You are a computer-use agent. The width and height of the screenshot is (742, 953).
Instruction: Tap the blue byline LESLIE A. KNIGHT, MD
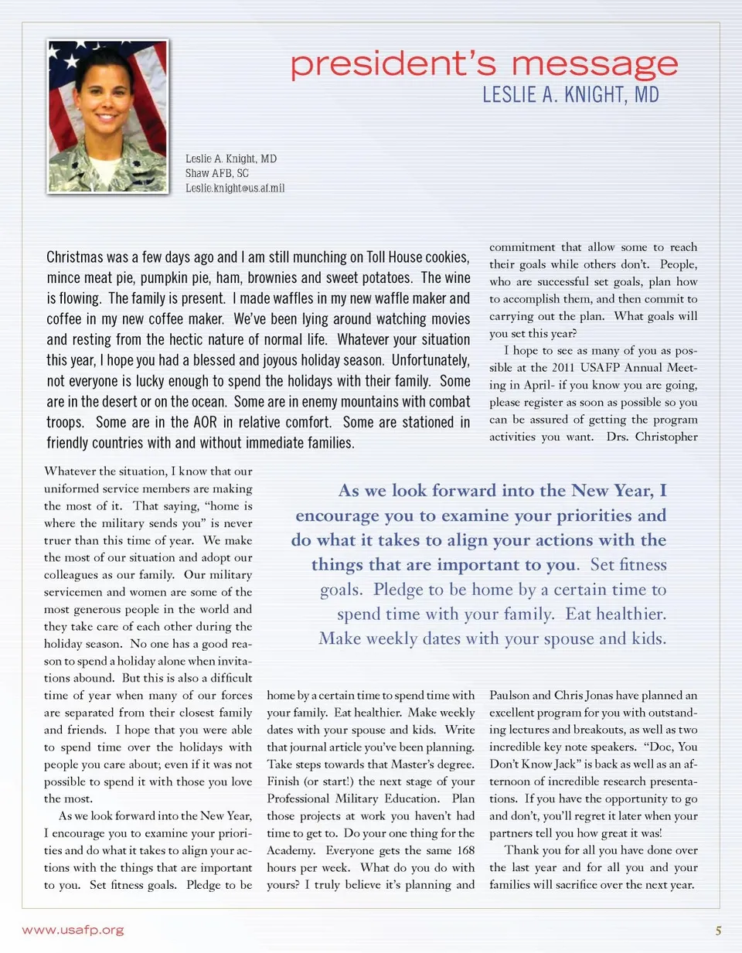(x=570, y=95)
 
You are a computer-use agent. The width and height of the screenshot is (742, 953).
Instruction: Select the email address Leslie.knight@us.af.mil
(x=235, y=188)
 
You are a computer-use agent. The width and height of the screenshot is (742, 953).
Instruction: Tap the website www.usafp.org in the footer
(x=73, y=930)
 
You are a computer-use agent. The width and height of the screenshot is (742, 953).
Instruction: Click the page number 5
(x=718, y=931)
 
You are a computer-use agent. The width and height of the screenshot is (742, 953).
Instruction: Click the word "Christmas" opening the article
(x=75, y=257)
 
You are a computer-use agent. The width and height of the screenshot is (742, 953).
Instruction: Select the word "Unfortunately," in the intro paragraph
(x=431, y=360)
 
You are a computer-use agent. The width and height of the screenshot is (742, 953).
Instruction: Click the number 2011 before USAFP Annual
(x=563, y=368)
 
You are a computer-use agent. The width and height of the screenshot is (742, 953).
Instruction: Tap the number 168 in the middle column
(x=465, y=850)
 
